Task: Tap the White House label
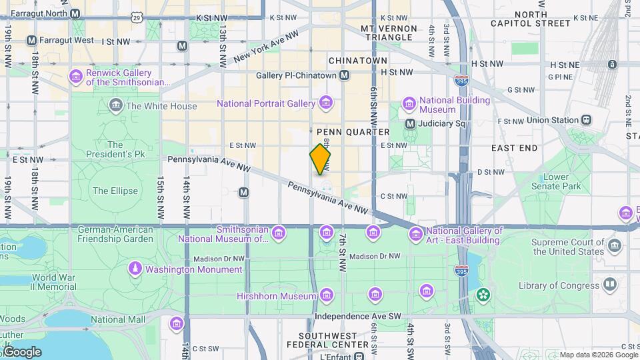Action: click(x=161, y=106)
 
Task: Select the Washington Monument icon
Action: click(x=135, y=269)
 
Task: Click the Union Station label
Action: click(x=552, y=120)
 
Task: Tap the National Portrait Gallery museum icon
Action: click(x=326, y=103)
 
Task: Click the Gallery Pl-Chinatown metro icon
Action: click(x=344, y=75)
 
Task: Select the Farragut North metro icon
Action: click(x=75, y=13)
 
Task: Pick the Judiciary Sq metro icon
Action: click(x=411, y=123)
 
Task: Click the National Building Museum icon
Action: click(x=409, y=105)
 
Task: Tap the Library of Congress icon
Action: click(x=609, y=285)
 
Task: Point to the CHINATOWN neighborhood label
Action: click(x=358, y=61)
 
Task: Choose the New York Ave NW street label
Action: click(x=265, y=48)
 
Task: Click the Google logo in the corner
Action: click(x=21, y=351)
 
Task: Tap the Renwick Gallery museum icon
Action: click(x=75, y=77)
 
